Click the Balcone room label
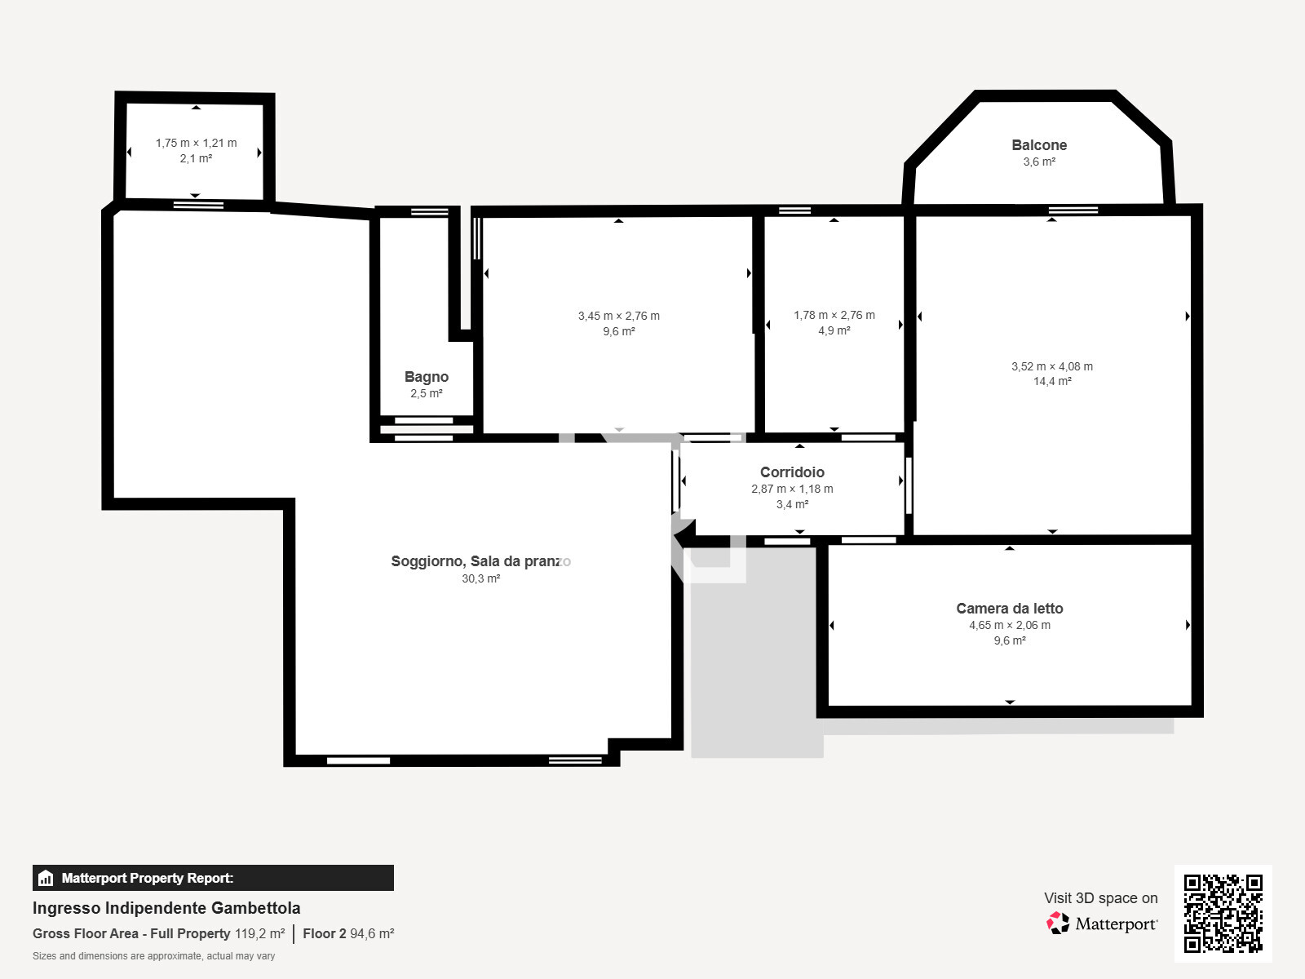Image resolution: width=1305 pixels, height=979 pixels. click(1039, 145)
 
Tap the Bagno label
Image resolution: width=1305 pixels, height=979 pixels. click(427, 377)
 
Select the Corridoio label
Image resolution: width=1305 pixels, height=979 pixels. click(792, 472)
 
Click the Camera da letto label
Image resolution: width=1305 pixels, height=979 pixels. click(1010, 608)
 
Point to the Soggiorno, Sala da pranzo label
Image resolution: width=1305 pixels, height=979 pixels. click(481, 561)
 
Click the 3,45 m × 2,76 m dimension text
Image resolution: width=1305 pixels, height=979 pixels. click(619, 316)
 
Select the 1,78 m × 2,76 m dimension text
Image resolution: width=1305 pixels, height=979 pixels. click(834, 315)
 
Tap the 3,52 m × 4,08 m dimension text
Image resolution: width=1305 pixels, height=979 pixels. click(1052, 366)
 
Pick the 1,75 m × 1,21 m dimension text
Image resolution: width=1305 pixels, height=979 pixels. click(197, 143)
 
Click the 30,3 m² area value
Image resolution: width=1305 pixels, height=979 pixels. click(481, 578)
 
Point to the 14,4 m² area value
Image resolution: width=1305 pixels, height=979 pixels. click(1052, 381)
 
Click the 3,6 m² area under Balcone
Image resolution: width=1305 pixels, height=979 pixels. click(1039, 162)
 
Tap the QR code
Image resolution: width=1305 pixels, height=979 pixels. click(1223, 914)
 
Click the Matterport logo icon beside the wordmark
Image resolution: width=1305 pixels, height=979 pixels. click(1058, 924)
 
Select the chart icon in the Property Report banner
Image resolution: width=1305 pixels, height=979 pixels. click(46, 878)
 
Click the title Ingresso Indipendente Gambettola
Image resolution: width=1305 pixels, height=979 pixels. click(166, 908)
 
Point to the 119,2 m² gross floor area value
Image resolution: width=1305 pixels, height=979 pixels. click(260, 933)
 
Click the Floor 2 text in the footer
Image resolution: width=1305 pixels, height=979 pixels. click(324, 933)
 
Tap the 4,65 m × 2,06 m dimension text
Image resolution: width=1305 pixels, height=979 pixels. click(1010, 625)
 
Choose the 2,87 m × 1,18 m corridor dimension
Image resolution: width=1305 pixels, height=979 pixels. click(792, 489)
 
